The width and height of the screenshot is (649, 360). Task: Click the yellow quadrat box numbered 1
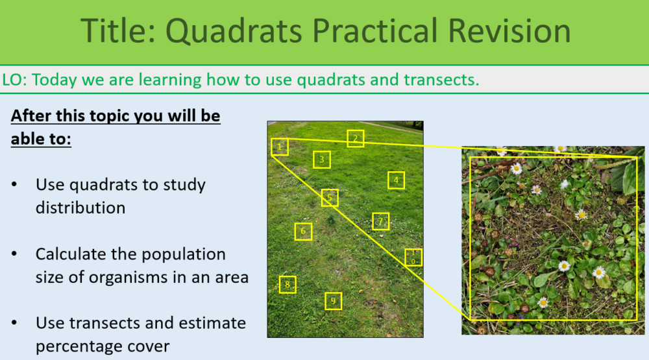[x=280, y=147]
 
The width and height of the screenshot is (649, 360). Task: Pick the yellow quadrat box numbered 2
[x=355, y=138]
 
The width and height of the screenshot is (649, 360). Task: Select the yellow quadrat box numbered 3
[x=322, y=160]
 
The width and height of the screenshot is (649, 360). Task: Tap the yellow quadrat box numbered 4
[x=397, y=180]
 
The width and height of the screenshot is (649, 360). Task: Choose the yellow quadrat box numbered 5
[x=330, y=198]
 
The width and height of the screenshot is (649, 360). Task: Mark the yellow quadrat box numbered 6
[x=303, y=232]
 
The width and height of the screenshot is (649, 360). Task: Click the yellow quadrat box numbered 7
[x=381, y=222]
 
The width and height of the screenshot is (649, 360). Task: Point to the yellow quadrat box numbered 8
[x=288, y=285]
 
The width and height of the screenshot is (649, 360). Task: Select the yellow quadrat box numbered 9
[x=334, y=301]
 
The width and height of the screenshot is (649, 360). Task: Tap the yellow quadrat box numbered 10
[x=413, y=257]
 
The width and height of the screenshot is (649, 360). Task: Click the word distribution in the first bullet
[x=80, y=208]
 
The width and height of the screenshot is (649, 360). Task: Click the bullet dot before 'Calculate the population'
[x=15, y=254]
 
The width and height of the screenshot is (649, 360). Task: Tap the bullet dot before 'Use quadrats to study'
[x=15, y=185]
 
